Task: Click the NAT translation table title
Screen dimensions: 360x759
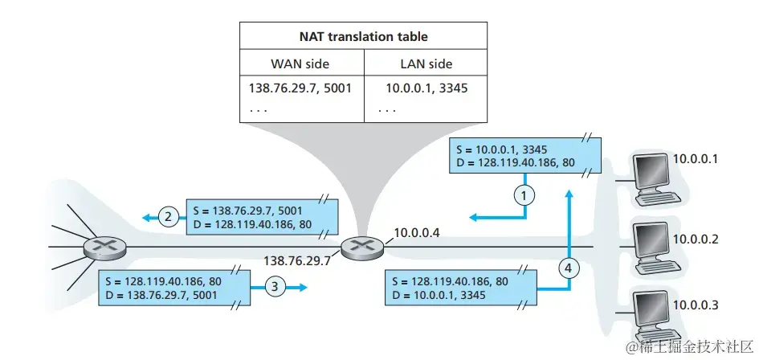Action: pyautogui.click(x=363, y=36)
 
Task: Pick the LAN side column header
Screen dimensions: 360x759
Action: pyautogui.click(x=425, y=63)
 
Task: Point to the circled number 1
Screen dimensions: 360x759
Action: pyautogui.click(x=524, y=193)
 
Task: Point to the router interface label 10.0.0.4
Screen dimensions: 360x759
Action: pyautogui.click(x=418, y=234)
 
